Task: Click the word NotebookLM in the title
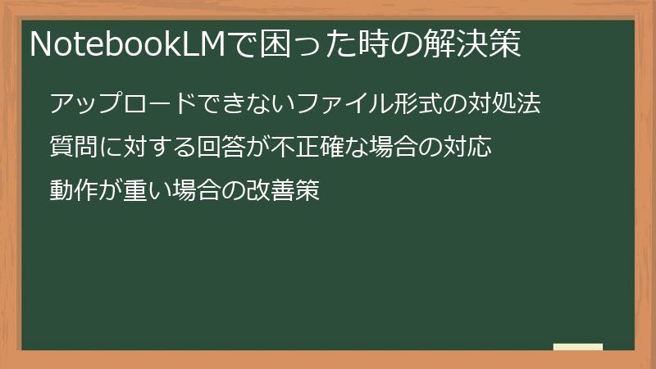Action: point(126,45)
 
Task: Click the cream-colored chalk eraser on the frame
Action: point(578,347)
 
